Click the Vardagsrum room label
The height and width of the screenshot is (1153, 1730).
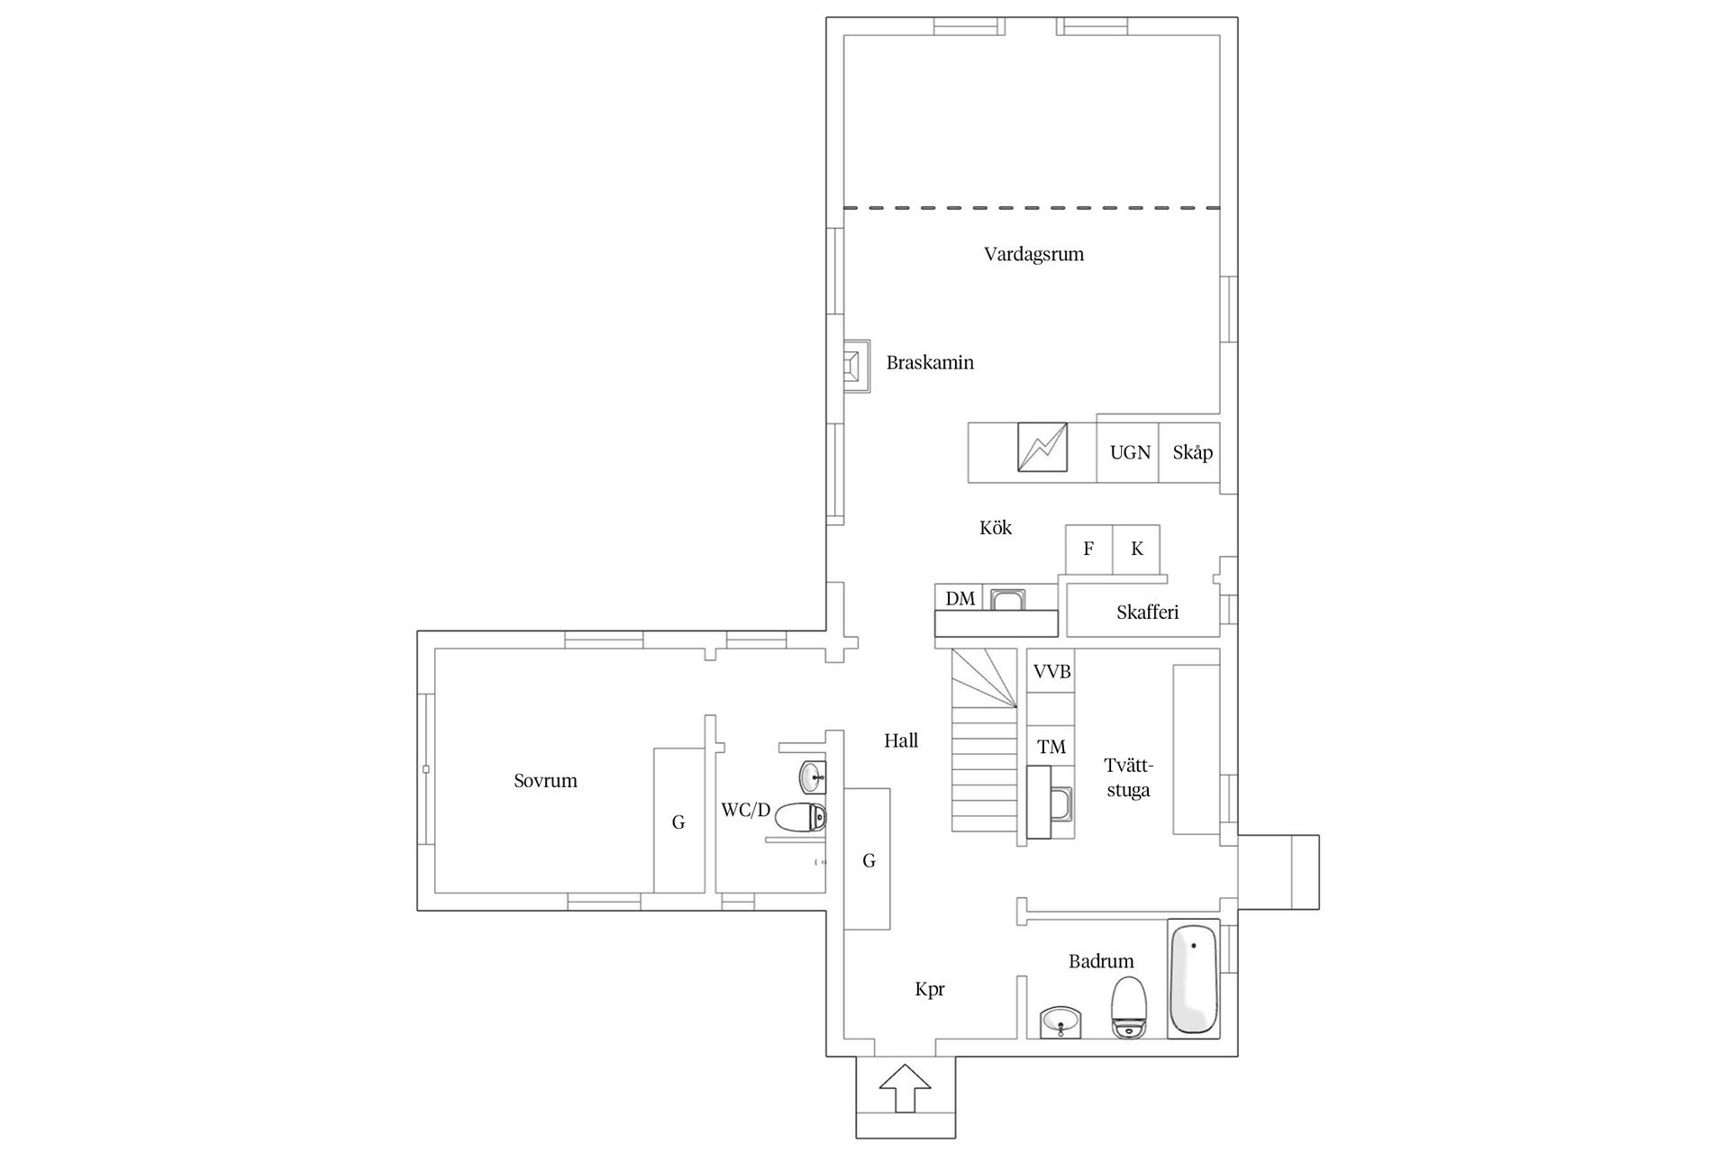pyautogui.click(x=1033, y=254)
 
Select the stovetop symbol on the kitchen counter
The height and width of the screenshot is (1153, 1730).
pyautogui.click(x=1043, y=448)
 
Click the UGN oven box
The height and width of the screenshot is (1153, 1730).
pyautogui.click(x=1128, y=452)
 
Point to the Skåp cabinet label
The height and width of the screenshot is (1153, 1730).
pyautogui.click(x=1192, y=452)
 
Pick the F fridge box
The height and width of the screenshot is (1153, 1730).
pyautogui.click(x=1088, y=549)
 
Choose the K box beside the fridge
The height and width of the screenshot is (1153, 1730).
pyautogui.click(x=1136, y=549)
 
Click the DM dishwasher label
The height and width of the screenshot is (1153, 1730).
pyautogui.click(x=961, y=598)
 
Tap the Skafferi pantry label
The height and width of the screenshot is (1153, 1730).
pyautogui.click(x=1147, y=613)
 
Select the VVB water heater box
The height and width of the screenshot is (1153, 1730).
pyautogui.click(x=1052, y=671)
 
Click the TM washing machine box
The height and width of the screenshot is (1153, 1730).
pyautogui.click(x=1052, y=746)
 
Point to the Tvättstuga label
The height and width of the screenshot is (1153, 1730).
pyautogui.click(x=1128, y=778)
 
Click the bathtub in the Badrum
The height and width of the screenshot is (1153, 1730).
pyautogui.click(x=1193, y=977)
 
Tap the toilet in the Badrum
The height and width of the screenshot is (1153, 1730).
pyautogui.click(x=1128, y=1007)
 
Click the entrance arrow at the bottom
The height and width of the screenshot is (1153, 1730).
pyautogui.click(x=905, y=1088)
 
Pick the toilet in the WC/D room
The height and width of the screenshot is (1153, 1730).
pyautogui.click(x=800, y=818)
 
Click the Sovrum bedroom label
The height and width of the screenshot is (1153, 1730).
pyautogui.click(x=545, y=781)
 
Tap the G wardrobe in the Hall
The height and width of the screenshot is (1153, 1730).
pyautogui.click(x=868, y=860)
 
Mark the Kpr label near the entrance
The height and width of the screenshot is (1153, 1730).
pyautogui.click(x=929, y=989)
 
